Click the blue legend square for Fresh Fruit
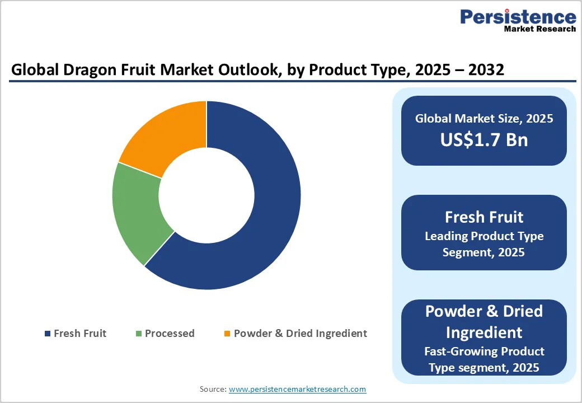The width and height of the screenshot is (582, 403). click(x=47, y=334)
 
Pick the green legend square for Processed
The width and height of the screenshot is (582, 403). click(x=138, y=334)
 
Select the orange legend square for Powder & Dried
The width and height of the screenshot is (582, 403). click(x=227, y=334)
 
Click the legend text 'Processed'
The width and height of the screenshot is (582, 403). click(x=170, y=334)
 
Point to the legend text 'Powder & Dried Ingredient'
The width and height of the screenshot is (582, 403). click(x=300, y=334)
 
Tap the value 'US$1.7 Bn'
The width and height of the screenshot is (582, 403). click(x=484, y=139)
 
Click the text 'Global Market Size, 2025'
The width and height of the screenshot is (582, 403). click(x=484, y=118)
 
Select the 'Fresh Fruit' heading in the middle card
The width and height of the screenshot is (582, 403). click(x=484, y=217)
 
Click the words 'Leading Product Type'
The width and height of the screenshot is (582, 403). click(x=484, y=236)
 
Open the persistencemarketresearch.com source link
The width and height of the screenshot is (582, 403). click(x=297, y=389)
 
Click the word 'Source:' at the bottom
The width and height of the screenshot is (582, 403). click(x=213, y=389)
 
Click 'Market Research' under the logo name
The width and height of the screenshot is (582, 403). click(x=539, y=29)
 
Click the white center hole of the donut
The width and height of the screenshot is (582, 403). click(x=206, y=195)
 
